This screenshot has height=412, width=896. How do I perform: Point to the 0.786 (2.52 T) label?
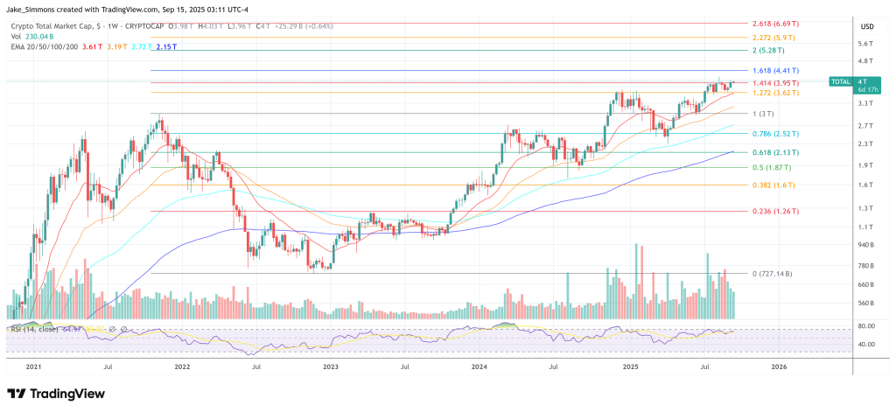(x=776, y=134)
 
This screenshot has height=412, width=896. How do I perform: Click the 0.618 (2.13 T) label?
(x=776, y=152)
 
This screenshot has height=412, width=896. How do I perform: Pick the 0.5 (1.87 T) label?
(x=772, y=167)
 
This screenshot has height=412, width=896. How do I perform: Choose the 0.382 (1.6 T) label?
(x=771, y=185)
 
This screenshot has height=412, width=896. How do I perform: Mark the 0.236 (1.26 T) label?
(x=776, y=211)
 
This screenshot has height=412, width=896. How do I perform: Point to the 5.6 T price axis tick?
(x=866, y=44)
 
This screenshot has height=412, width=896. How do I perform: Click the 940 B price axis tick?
(x=865, y=245)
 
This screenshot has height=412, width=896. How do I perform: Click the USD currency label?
(x=867, y=26)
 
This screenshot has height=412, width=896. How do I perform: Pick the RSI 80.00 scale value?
(x=866, y=326)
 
